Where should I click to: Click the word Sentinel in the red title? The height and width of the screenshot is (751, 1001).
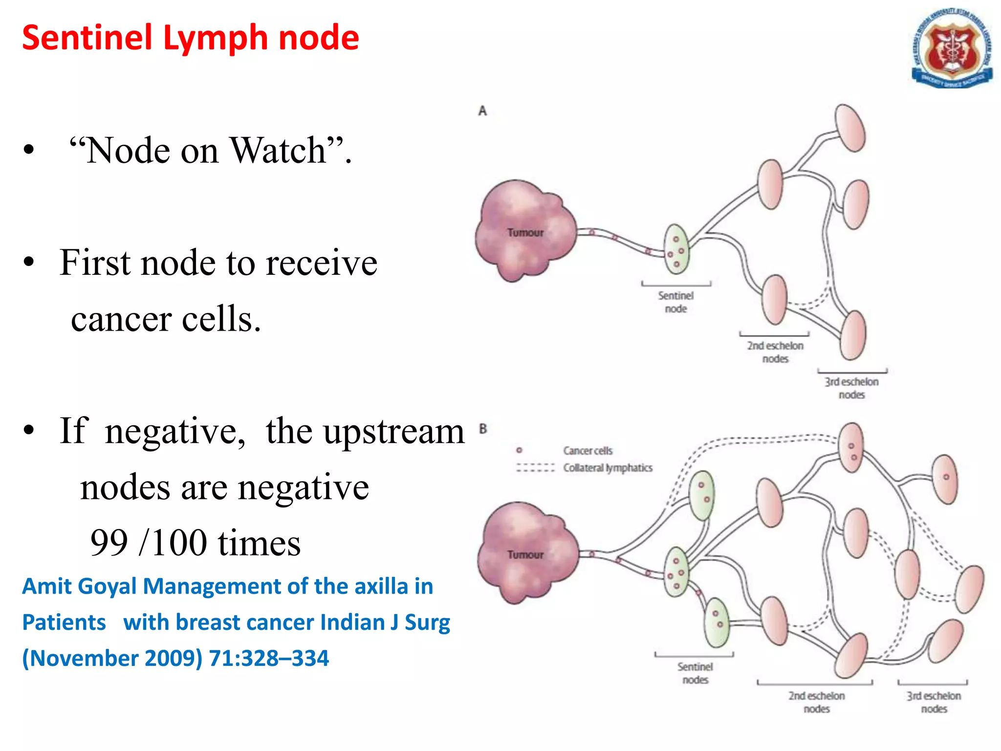(87, 38)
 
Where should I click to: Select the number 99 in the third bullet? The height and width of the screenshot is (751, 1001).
(109, 543)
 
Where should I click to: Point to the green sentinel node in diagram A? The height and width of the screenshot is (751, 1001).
(676, 249)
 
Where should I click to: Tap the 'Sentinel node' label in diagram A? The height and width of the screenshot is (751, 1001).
(675, 302)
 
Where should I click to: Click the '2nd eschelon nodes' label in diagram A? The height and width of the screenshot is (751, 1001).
(775, 352)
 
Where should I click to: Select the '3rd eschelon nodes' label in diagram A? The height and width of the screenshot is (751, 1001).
(851, 388)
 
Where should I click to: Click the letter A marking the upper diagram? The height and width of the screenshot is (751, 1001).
(482, 111)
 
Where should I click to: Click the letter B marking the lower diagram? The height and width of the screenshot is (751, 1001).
(483, 429)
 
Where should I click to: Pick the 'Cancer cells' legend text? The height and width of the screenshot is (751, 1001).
(588, 450)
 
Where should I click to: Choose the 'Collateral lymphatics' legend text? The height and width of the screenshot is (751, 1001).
(608, 468)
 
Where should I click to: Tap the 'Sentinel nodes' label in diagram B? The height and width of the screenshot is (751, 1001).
(695, 673)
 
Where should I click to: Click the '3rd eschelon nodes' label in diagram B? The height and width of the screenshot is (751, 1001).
(934, 702)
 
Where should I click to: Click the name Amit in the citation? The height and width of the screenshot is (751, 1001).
(46, 586)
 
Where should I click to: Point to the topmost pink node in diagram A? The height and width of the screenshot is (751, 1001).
(850, 128)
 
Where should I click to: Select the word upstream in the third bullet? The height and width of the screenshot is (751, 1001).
(394, 432)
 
